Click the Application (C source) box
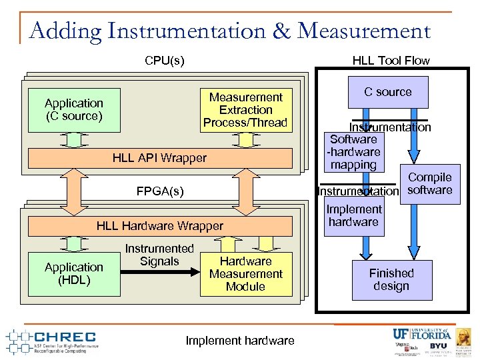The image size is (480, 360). click(x=73, y=110)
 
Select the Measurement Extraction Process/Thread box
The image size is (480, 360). click(x=245, y=110)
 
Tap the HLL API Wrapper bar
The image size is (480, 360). click(x=159, y=158)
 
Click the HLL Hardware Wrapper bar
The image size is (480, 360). click(x=159, y=226)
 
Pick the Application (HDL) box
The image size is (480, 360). click(x=73, y=273)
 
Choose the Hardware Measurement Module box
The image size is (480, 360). click(x=245, y=274)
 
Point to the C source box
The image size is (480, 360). click(x=387, y=92)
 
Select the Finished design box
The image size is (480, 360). click(x=391, y=279)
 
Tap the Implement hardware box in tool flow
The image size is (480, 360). click(x=353, y=215)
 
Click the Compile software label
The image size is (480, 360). click(x=430, y=184)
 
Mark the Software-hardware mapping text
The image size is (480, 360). click(x=353, y=152)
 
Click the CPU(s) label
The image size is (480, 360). click(x=164, y=61)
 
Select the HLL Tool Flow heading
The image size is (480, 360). click(x=391, y=61)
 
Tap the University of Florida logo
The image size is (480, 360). click(x=421, y=333)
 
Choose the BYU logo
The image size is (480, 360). click(x=438, y=346)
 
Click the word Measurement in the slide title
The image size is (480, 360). click(x=364, y=31)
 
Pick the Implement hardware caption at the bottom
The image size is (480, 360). click(x=239, y=341)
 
